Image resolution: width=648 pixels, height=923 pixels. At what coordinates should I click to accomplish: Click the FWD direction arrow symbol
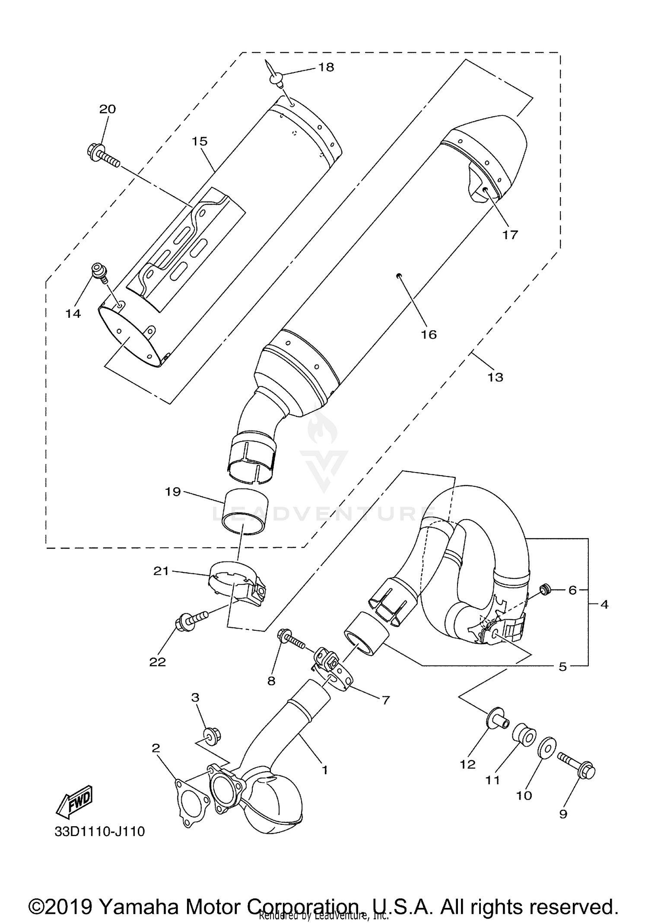point(74,801)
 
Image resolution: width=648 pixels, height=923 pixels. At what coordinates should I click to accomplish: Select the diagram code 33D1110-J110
point(99,831)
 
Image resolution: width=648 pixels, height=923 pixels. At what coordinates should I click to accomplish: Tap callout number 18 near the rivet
point(327,67)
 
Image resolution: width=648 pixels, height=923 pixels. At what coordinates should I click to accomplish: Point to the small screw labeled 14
point(99,271)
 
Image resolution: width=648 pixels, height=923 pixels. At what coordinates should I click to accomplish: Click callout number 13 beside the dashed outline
point(496,377)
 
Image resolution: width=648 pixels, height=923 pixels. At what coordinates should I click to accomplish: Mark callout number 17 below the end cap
point(510,235)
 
